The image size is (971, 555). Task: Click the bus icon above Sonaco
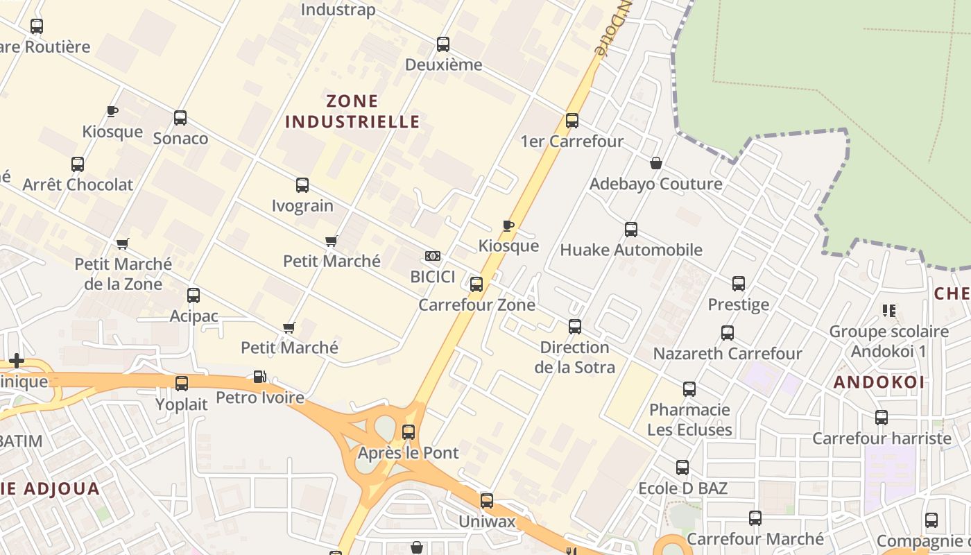click(x=180, y=118)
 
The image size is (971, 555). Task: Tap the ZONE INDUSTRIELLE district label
click(x=352, y=111)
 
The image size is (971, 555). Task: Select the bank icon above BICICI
click(x=433, y=257)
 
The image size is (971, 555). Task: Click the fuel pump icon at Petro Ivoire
click(x=260, y=377)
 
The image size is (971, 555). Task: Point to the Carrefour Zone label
click(x=476, y=305)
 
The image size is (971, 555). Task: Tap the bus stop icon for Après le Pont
click(x=409, y=432)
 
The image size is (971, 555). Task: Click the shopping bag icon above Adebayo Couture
click(x=655, y=163)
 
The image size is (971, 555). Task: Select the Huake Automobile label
click(x=631, y=250)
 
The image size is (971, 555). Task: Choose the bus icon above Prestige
click(x=739, y=284)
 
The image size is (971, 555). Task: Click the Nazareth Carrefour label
click(x=728, y=353)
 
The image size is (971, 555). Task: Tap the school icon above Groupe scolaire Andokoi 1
click(x=888, y=310)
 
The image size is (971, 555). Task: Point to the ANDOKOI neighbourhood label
click(x=879, y=382)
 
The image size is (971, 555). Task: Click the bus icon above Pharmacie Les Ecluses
click(x=689, y=389)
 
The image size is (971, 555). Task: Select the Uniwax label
click(x=488, y=520)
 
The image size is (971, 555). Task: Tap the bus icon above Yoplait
click(x=182, y=384)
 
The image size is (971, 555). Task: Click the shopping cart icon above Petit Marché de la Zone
click(x=123, y=244)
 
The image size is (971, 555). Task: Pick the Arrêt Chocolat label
click(x=78, y=185)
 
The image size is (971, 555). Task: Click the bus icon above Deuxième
click(x=443, y=44)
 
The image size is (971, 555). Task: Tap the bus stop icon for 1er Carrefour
click(x=572, y=121)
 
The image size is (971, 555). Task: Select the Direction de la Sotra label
click(x=574, y=357)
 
